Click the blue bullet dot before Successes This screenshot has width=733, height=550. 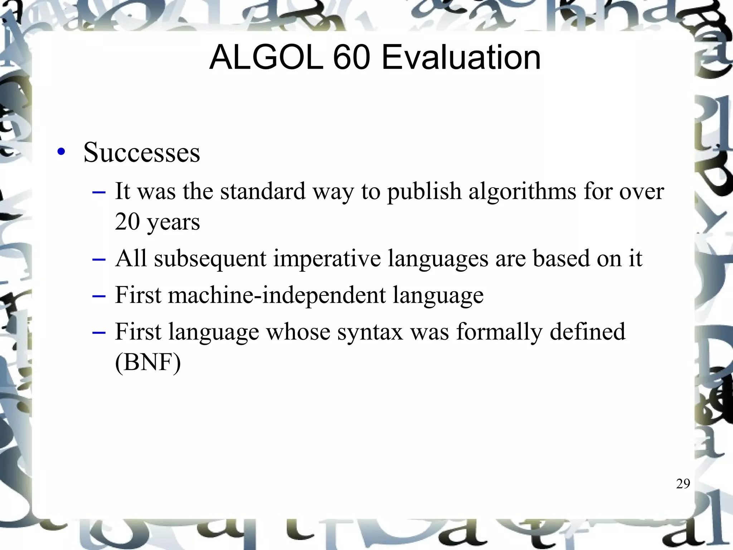[61, 152]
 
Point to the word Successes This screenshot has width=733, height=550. [142, 153]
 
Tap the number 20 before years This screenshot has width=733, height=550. [127, 222]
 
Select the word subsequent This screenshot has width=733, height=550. [210, 259]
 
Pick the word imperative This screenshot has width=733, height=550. [327, 259]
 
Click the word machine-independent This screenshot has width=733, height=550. [277, 295]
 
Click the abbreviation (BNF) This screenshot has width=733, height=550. [148, 362]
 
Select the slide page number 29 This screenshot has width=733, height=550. [683, 484]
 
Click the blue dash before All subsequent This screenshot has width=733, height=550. [99, 259]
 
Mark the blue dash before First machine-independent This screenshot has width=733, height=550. [99, 296]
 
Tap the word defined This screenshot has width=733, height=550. [587, 332]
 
